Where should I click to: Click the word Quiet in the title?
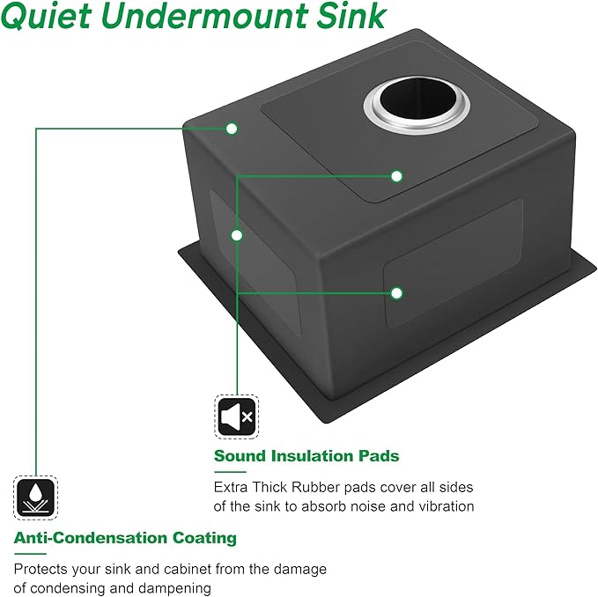(46, 16)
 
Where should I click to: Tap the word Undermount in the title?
(204, 16)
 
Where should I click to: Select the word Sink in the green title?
(351, 16)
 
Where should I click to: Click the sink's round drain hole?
(417, 105)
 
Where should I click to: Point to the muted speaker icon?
(236, 416)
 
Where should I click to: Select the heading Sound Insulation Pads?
(306, 456)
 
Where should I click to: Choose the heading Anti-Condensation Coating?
(125, 538)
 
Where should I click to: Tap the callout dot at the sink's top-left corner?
(232, 129)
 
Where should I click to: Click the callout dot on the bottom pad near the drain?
(396, 176)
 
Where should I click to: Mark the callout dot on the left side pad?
(237, 236)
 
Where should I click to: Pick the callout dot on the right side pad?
(396, 293)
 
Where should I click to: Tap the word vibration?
(447, 506)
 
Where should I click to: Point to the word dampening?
(174, 588)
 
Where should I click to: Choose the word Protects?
(41, 570)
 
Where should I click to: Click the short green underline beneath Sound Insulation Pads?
(230, 472)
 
